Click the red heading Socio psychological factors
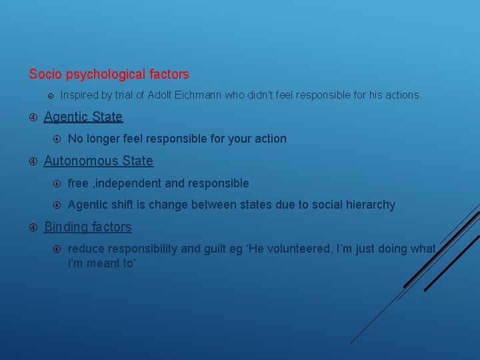(109, 75)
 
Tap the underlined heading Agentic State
(83, 117)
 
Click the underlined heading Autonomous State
(99, 161)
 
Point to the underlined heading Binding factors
(88, 227)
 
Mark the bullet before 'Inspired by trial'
(51, 95)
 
